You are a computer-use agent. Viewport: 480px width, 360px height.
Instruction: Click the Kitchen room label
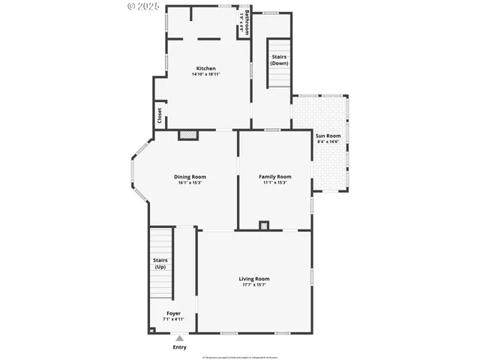coord(205,68)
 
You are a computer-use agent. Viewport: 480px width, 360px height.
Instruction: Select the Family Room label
coord(274,177)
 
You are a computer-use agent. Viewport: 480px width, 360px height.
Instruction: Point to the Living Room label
coord(253,279)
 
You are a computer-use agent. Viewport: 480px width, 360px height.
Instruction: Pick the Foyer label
coord(173,313)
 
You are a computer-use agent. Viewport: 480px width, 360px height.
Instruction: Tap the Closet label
coord(160,116)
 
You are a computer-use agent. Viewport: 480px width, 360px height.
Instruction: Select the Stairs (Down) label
coord(279,60)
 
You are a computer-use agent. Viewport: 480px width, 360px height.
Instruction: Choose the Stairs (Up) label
coord(160,264)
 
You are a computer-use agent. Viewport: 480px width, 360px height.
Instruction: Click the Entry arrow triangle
coord(179,338)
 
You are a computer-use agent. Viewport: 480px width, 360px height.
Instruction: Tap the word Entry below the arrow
coord(179,347)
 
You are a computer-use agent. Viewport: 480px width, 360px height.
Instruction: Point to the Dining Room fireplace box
coord(187,136)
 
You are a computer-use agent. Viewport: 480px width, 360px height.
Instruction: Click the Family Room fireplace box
coord(263,226)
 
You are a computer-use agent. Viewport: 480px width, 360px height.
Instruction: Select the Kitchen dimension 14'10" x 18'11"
coord(205,74)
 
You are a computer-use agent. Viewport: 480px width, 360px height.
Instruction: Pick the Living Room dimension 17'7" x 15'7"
coord(253,285)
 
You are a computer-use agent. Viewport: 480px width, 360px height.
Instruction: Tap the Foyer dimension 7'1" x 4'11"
coord(173,319)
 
